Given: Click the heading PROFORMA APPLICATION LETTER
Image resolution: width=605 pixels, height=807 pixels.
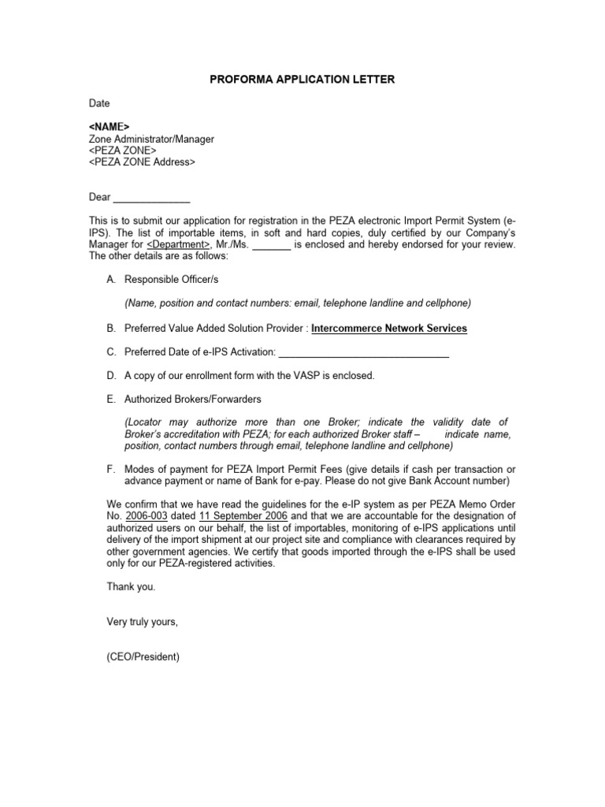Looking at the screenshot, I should pyautogui.click(x=302, y=80).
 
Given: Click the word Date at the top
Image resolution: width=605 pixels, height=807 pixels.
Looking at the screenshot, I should pyautogui.click(x=99, y=103).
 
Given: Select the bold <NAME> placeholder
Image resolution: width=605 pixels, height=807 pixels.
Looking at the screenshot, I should pyautogui.click(x=109, y=127).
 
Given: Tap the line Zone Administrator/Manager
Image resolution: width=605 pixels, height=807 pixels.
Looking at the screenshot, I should pyautogui.click(x=151, y=139).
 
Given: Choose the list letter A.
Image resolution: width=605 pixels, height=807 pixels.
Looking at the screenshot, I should pyautogui.click(x=110, y=281).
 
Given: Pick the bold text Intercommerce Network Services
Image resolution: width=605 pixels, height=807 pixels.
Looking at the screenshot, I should pyautogui.click(x=389, y=328).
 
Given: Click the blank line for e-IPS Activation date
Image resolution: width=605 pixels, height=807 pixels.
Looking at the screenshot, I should pyautogui.click(x=364, y=351).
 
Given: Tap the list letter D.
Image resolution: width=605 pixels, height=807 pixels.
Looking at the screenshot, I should pyautogui.click(x=110, y=375).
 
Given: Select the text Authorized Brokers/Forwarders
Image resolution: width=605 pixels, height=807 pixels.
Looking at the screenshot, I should pyautogui.click(x=194, y=399).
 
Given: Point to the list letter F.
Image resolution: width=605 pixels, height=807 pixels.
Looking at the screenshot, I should pyautogui.click(x=110, y=469).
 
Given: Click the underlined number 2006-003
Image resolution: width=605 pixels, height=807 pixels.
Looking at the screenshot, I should pyautogui.click(x=142, y=515).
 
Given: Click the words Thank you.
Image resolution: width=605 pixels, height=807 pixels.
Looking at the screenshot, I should pyautogui.click(x=131, y=586).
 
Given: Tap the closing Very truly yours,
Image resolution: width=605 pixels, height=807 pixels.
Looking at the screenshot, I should pyautogui.click(x=142, y=622).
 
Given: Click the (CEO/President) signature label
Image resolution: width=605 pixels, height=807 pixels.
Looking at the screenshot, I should pyautogui.click(x=143, y=656).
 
